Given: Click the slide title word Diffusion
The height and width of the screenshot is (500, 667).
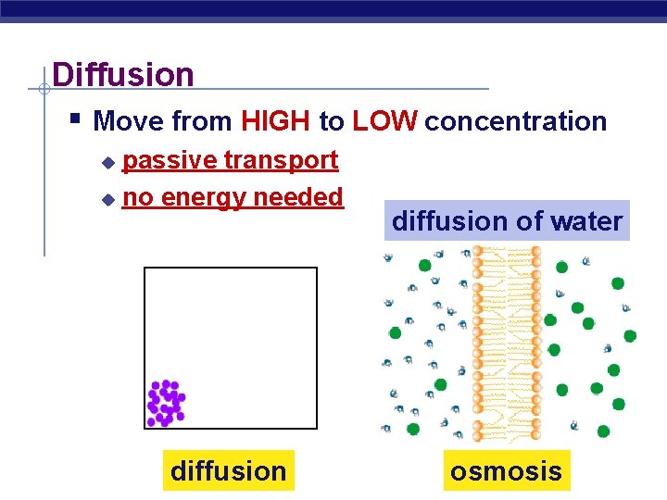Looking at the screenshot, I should point(123,74).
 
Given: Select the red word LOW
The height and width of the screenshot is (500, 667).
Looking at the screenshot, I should point(385,121).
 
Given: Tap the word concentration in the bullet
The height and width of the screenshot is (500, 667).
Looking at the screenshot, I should point(516,121).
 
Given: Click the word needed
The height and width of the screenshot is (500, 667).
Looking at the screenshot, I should point(303,196).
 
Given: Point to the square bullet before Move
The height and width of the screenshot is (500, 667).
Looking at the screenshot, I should point(76,119).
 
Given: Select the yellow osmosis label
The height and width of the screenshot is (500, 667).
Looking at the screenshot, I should point(506,471).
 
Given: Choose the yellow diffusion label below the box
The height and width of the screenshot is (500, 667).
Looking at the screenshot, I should point(229,471).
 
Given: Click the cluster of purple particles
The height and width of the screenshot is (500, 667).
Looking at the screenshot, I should point(166,404).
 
